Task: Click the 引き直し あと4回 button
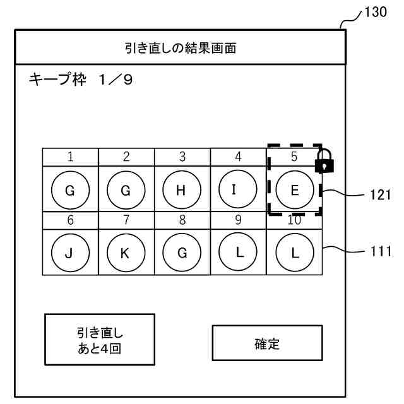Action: point(99,340)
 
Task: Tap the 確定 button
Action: point(266,345)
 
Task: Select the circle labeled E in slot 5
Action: point(294,190)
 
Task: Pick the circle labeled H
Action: point(182,190)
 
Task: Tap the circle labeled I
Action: point(238,190)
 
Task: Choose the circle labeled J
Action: point(69,251)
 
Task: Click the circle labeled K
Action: point(126,251)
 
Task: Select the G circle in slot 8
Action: point(182,251)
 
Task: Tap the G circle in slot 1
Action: point(69,190)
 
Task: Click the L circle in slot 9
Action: point(238,251)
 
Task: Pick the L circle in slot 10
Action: point(294,251)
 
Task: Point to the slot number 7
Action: point(126,220)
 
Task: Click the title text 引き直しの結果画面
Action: point(180,48)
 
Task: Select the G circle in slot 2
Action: point(126,190)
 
